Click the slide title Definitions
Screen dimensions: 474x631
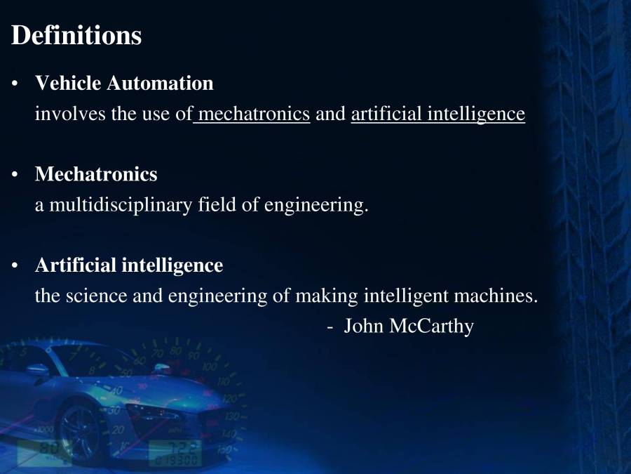[76, 35]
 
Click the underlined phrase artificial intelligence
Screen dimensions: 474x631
[437, 114]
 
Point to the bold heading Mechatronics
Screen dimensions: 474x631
[96, 173]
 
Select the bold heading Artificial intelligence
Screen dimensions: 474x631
[129, 265]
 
